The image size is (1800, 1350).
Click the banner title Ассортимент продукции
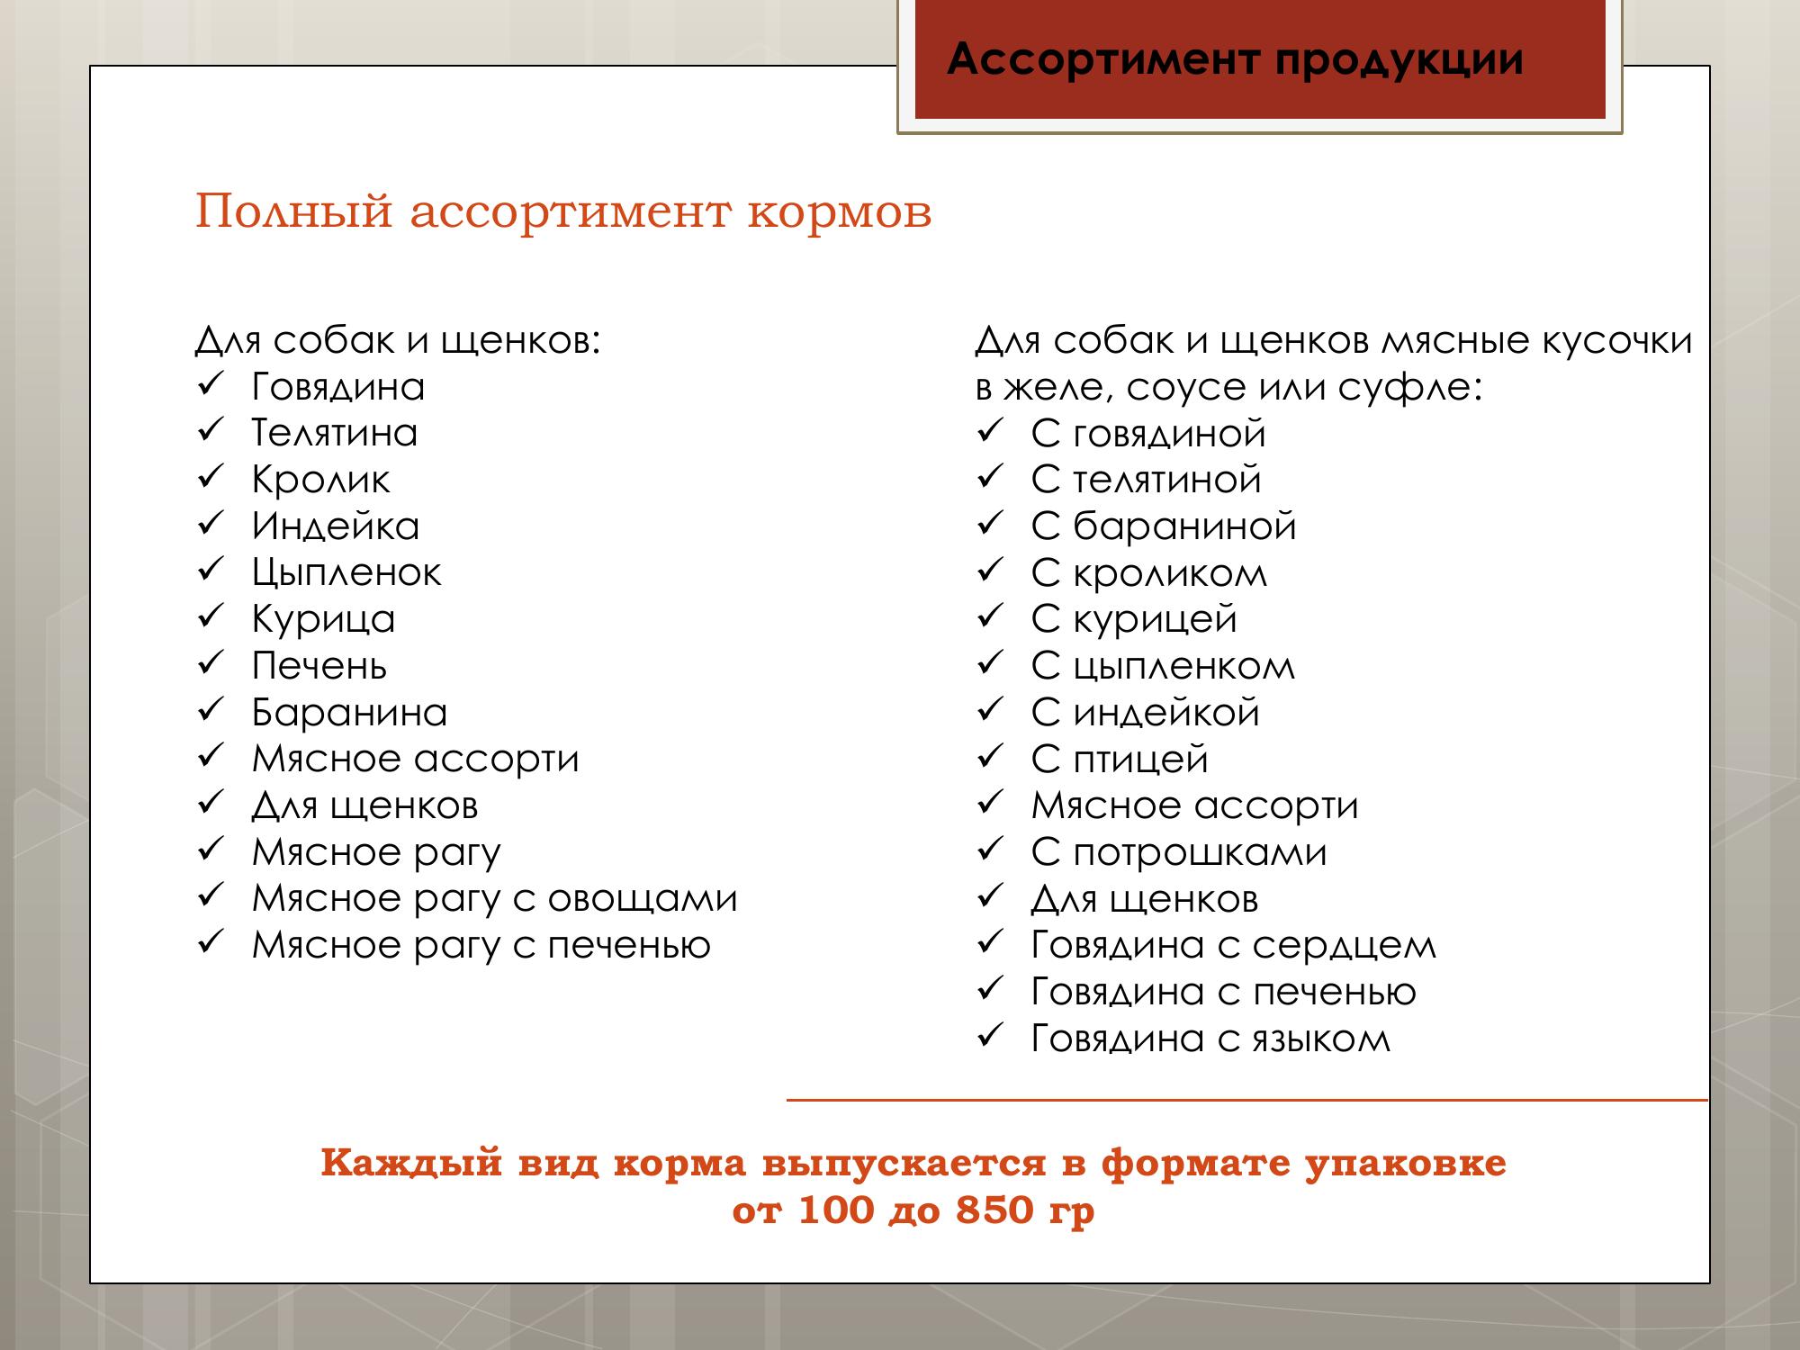[1235, 59]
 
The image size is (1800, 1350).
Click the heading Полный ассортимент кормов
[563, 212]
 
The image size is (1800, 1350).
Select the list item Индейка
[336, 526]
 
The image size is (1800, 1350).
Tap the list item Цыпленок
[346, 573]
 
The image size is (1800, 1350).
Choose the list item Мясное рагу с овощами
[495, 898]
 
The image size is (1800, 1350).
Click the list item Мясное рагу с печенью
[481, 945]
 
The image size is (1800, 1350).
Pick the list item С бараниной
[1164, 526]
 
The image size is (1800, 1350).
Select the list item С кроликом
[1149, 573]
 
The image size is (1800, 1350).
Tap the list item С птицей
[1120, 760]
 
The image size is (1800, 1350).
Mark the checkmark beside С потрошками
[989, 850]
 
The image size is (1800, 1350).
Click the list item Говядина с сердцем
[1234, 945]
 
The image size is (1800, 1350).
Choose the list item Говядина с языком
[1210, 1039]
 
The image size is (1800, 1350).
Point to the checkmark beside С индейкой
[989, 711]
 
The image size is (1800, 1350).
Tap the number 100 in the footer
[836, 1210]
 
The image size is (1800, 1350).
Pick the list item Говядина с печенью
[1224, 992]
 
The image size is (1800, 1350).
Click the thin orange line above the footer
[1246, 1100]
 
